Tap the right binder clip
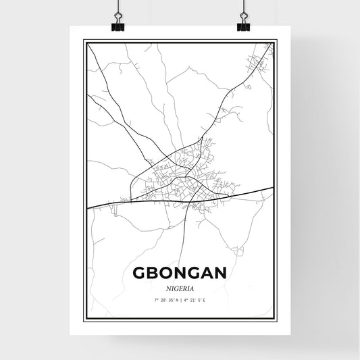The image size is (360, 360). [242, 22]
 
